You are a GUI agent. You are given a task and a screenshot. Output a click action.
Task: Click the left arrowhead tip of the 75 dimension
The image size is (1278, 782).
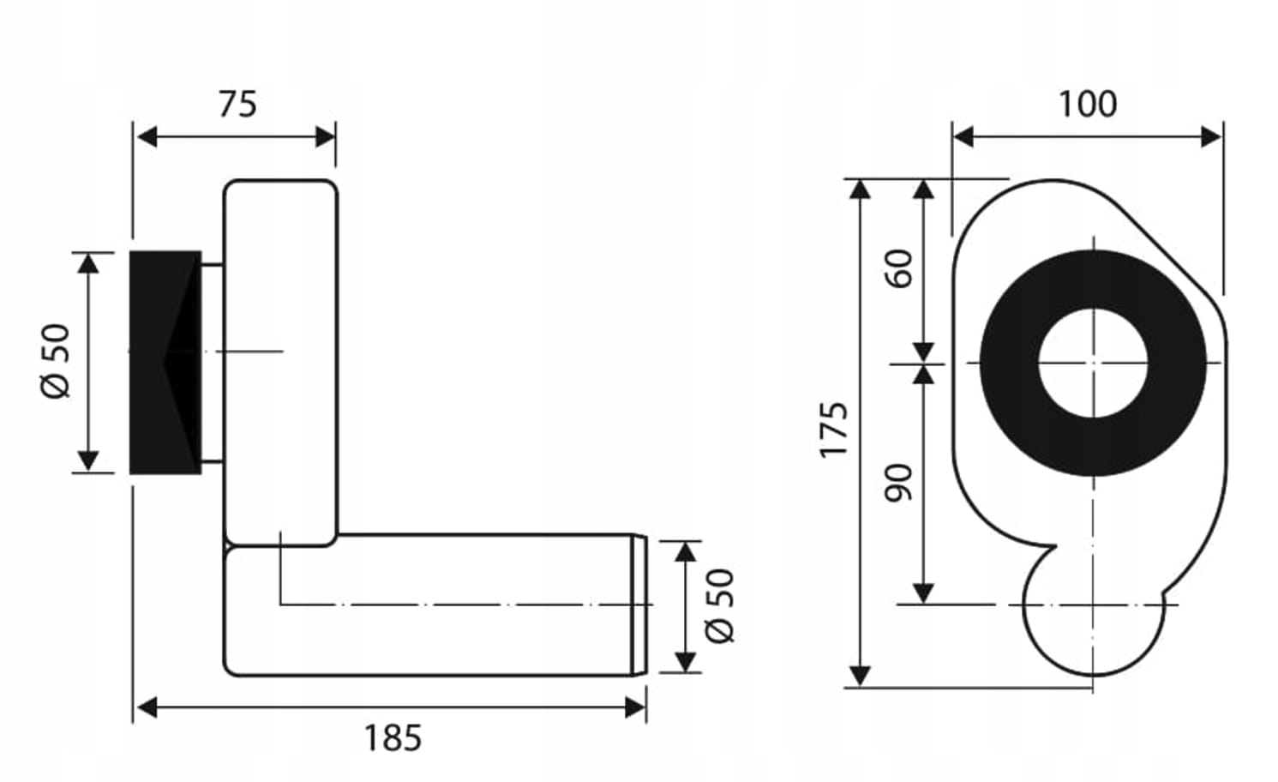[x=137, y=137]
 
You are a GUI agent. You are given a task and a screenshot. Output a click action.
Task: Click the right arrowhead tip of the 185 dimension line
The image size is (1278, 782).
[x=645, y=707]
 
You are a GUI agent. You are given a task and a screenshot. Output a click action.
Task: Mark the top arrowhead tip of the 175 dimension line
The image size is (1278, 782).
[x=860, y=180]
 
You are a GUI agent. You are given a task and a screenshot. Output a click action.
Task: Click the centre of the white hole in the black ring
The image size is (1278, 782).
[x=1093, y=363]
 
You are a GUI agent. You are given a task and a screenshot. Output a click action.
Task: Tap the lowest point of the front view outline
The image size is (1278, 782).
[x=1093, y=676]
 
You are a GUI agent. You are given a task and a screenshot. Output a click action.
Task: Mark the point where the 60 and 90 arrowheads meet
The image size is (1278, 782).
[x=923, y=364]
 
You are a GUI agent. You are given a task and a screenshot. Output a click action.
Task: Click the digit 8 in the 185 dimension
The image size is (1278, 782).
[x=393, y=738]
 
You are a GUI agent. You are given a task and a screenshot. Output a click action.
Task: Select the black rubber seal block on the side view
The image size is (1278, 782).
[x=165, y=363]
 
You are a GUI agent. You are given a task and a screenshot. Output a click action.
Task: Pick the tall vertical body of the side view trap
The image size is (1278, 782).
[x=280, y=363]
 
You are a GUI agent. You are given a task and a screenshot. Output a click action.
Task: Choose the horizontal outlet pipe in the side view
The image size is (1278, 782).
[x=435, y=605]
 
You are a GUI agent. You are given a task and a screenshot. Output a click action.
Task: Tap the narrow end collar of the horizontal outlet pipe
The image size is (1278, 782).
[x=639, y=605]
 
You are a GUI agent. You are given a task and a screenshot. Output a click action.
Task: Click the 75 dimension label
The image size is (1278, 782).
[x=238, y=105]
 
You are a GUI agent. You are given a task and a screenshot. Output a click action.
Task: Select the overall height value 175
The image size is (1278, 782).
[x=833, y=430]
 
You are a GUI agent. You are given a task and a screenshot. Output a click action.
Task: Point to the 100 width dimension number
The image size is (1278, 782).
[x=1088, y=105]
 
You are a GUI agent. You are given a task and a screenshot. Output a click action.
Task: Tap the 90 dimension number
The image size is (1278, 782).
[x=898, y=483]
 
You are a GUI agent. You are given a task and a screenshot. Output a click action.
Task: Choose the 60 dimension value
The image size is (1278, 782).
[x=898, y=268]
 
